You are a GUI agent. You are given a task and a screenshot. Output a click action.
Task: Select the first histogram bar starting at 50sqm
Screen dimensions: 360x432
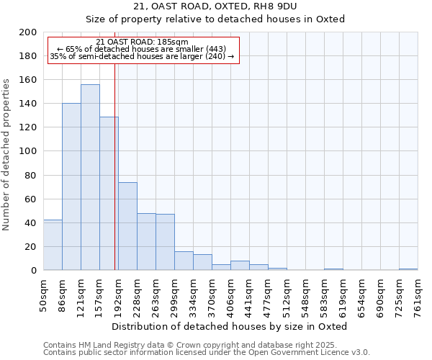point(53,245)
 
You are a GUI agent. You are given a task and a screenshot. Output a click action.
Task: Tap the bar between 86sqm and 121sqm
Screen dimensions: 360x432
point(71,186)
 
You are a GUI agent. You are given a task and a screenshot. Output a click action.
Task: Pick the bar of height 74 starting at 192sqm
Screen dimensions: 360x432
point(127,226)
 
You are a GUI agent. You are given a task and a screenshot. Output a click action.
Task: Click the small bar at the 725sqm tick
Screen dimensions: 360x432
point(408,269)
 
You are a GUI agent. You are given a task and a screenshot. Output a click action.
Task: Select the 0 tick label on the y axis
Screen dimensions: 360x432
point(33,271)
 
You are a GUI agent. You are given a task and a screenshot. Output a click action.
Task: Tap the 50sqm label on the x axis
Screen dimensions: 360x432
point(44,297)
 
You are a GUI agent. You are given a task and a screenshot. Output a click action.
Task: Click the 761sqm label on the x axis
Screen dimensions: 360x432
point(418,298)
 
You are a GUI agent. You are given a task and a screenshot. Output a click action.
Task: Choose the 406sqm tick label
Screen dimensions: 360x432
point(231,298)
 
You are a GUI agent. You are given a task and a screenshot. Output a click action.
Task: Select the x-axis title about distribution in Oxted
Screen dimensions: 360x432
point(230,326)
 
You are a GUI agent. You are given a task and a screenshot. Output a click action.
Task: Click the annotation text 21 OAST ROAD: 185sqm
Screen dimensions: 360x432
point(142,42)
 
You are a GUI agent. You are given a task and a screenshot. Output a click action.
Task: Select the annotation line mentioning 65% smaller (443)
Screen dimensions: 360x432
point(142,49)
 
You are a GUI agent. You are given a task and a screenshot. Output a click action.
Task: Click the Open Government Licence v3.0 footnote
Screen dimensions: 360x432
point(207,353)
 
